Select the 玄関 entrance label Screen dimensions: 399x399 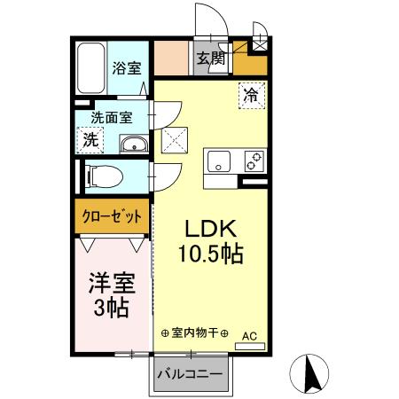coord(211,59)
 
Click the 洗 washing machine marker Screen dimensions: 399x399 coord(90,139)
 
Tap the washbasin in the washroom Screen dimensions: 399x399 coord(133,145)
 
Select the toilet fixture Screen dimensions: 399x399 coord(103,176)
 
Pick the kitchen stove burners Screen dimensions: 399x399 coord(254,160)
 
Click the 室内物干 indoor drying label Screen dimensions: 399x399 coord(195,333)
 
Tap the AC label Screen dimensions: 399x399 coord(249,336)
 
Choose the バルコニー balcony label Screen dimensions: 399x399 coord(190,373)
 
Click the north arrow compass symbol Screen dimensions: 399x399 coord(313,373)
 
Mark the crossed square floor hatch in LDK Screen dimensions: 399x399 coord(172,140)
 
